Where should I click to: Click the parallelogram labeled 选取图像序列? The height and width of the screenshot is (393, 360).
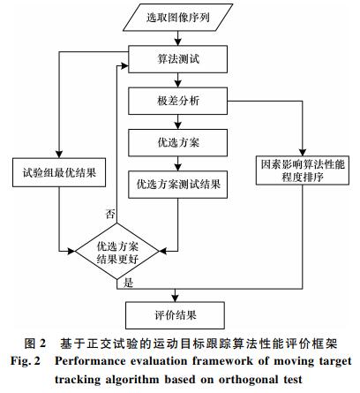pyautogui.click(x=177, y=18)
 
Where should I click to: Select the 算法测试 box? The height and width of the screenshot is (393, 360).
pyautogui.click(x=177, y=59)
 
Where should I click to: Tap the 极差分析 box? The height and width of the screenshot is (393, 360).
pyautogui.click(x=177, y=101)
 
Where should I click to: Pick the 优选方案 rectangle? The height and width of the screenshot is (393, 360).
pyautogui.click(x=177, y=143)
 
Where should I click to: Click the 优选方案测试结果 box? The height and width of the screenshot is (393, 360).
pyautogui.click(x=177, y=185)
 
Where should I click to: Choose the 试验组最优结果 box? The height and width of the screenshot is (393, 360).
pyautogui.click(x=59, y=172)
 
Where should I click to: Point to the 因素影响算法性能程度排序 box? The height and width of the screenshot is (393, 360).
pyautogui.click(x=303, y=170)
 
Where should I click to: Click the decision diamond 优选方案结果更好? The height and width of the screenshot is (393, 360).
pyautogui.click(x=117, y=252)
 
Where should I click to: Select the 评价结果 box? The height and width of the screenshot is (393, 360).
pyautogui.click(x=175, y=315)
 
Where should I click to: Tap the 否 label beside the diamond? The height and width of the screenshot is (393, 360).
pyautogui.click(x=110, y=214)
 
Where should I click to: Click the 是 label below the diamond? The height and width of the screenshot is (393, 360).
pyautogui.click(x=129, y=283)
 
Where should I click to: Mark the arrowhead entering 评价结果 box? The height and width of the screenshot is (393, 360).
pyautogui.click(x=175, y=299)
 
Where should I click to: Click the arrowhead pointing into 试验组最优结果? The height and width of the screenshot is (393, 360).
pyautogui.click(x=59, y=155)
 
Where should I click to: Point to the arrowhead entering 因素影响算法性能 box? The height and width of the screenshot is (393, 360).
pyautogui.click(x=303, y=152)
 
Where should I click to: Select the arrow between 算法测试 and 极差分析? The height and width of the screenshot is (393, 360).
pyautogui.click(x=177, y=80)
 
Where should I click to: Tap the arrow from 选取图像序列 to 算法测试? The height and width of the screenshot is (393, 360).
pyautogui.click(x=177, y=38)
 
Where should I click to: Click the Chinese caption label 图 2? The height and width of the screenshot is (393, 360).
pyautogui.click(x=35, y=344)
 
